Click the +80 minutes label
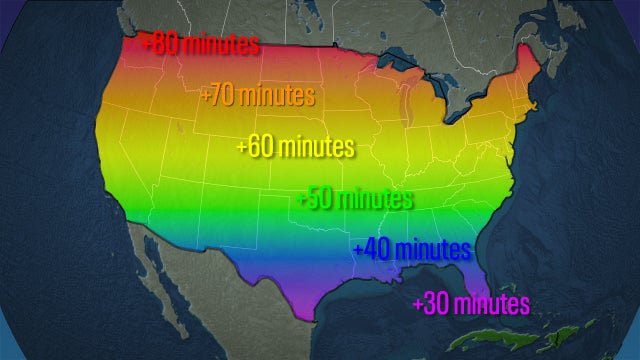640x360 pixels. (x=201, y=45)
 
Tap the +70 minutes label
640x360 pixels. (x=258, y=97)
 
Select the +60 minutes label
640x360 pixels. (x=295, y=147)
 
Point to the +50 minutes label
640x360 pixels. (x=355, y=198)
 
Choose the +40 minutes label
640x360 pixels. (x=411, y=248)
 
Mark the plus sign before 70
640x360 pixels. (x=206, y=97)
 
